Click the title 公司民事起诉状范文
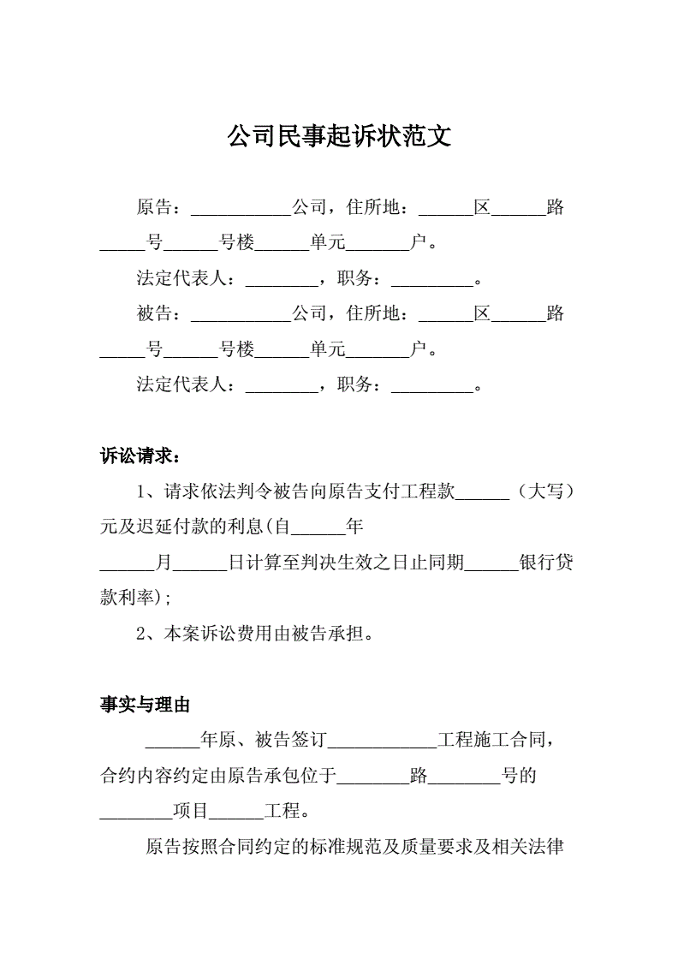339,136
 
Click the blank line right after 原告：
241,215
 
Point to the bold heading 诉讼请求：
140,456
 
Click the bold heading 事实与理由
145,705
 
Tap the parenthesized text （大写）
544,491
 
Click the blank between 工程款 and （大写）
482,499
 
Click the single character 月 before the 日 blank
164,562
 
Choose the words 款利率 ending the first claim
127,598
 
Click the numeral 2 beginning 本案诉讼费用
140,634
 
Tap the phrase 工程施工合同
491,740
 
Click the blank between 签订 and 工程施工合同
382,748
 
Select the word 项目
191,811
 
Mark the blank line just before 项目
136,819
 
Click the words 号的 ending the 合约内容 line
519,776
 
